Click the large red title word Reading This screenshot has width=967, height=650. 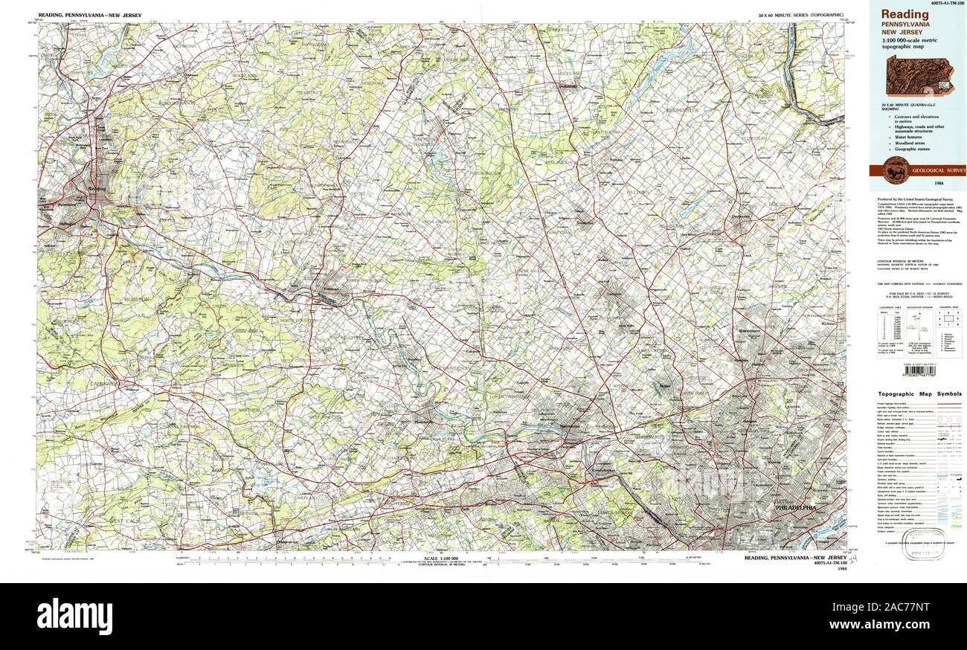point(905,14)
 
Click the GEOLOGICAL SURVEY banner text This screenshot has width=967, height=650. point(938,171)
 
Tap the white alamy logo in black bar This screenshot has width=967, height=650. point(74,617)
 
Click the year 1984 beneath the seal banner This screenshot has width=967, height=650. point(919,183)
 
